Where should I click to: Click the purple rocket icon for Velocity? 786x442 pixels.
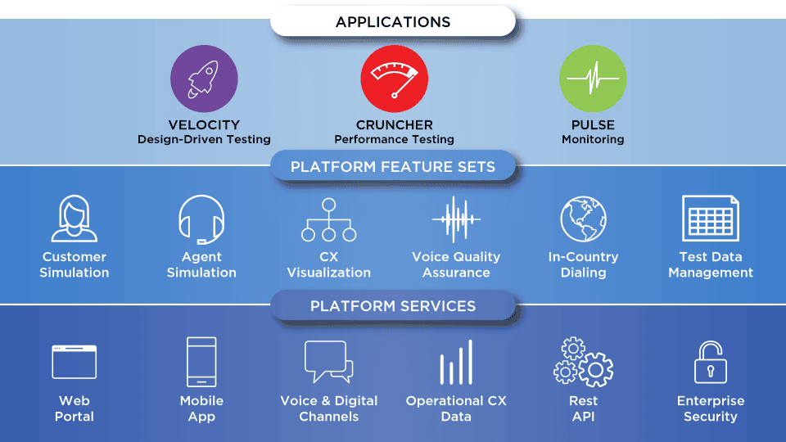[x=204, y=79]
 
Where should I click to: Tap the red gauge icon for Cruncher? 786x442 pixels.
[x=395, y=79]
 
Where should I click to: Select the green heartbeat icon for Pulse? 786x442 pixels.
[x=593, y=79]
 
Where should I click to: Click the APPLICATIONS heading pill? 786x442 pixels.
[x=393, y=21]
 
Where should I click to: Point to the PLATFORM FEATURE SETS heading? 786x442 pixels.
[x=393, y=166]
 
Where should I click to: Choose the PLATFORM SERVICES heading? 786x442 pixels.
[x=393, y=305]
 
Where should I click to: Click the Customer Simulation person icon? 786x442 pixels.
[x=75, y=219]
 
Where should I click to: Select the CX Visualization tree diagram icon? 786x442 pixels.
[x=329, y=220]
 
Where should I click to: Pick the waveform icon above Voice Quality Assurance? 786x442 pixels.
[x=456, y=219]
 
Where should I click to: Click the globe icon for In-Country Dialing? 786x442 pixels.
[x=584, y=219]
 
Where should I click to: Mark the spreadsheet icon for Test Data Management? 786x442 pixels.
[x=711, y=219]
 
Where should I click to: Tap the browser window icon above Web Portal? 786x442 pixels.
[x=75, y=362]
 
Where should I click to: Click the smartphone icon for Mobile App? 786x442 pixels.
[x=201, y=362]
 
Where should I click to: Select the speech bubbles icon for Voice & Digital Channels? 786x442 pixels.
[x=329, y=361]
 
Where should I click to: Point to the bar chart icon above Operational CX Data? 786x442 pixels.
[x=456, y=363]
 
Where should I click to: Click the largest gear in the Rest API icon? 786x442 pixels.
[x=596, y=370]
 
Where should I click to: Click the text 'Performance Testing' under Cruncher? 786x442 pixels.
[x=395, y=139]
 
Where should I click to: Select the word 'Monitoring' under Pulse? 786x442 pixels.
[x=593, y=139]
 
